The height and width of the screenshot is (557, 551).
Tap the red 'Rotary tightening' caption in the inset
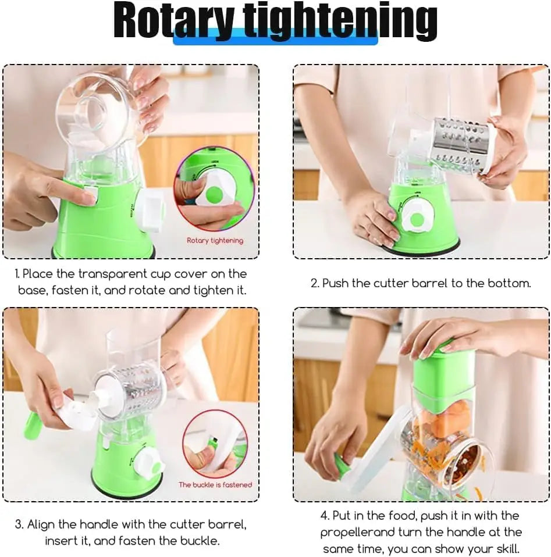[x=215, y=240]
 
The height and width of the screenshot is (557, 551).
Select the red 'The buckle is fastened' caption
[x=215, y=484]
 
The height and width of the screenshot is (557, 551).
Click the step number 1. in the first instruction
[x=17, y=274]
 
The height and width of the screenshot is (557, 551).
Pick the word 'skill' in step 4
[x=504, y=548]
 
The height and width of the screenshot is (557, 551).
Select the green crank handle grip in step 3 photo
[x=31, y=426]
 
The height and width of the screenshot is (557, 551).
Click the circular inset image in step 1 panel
[x=215, y=189]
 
